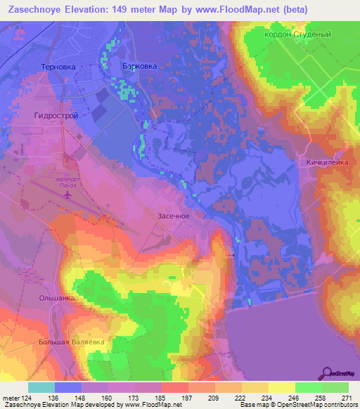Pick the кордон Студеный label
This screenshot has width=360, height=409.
coord(307,34)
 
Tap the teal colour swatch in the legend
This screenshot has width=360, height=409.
coord(41,387)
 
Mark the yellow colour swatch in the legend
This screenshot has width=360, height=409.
coord(255,387)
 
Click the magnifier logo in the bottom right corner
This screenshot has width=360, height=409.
coord(326,372)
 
